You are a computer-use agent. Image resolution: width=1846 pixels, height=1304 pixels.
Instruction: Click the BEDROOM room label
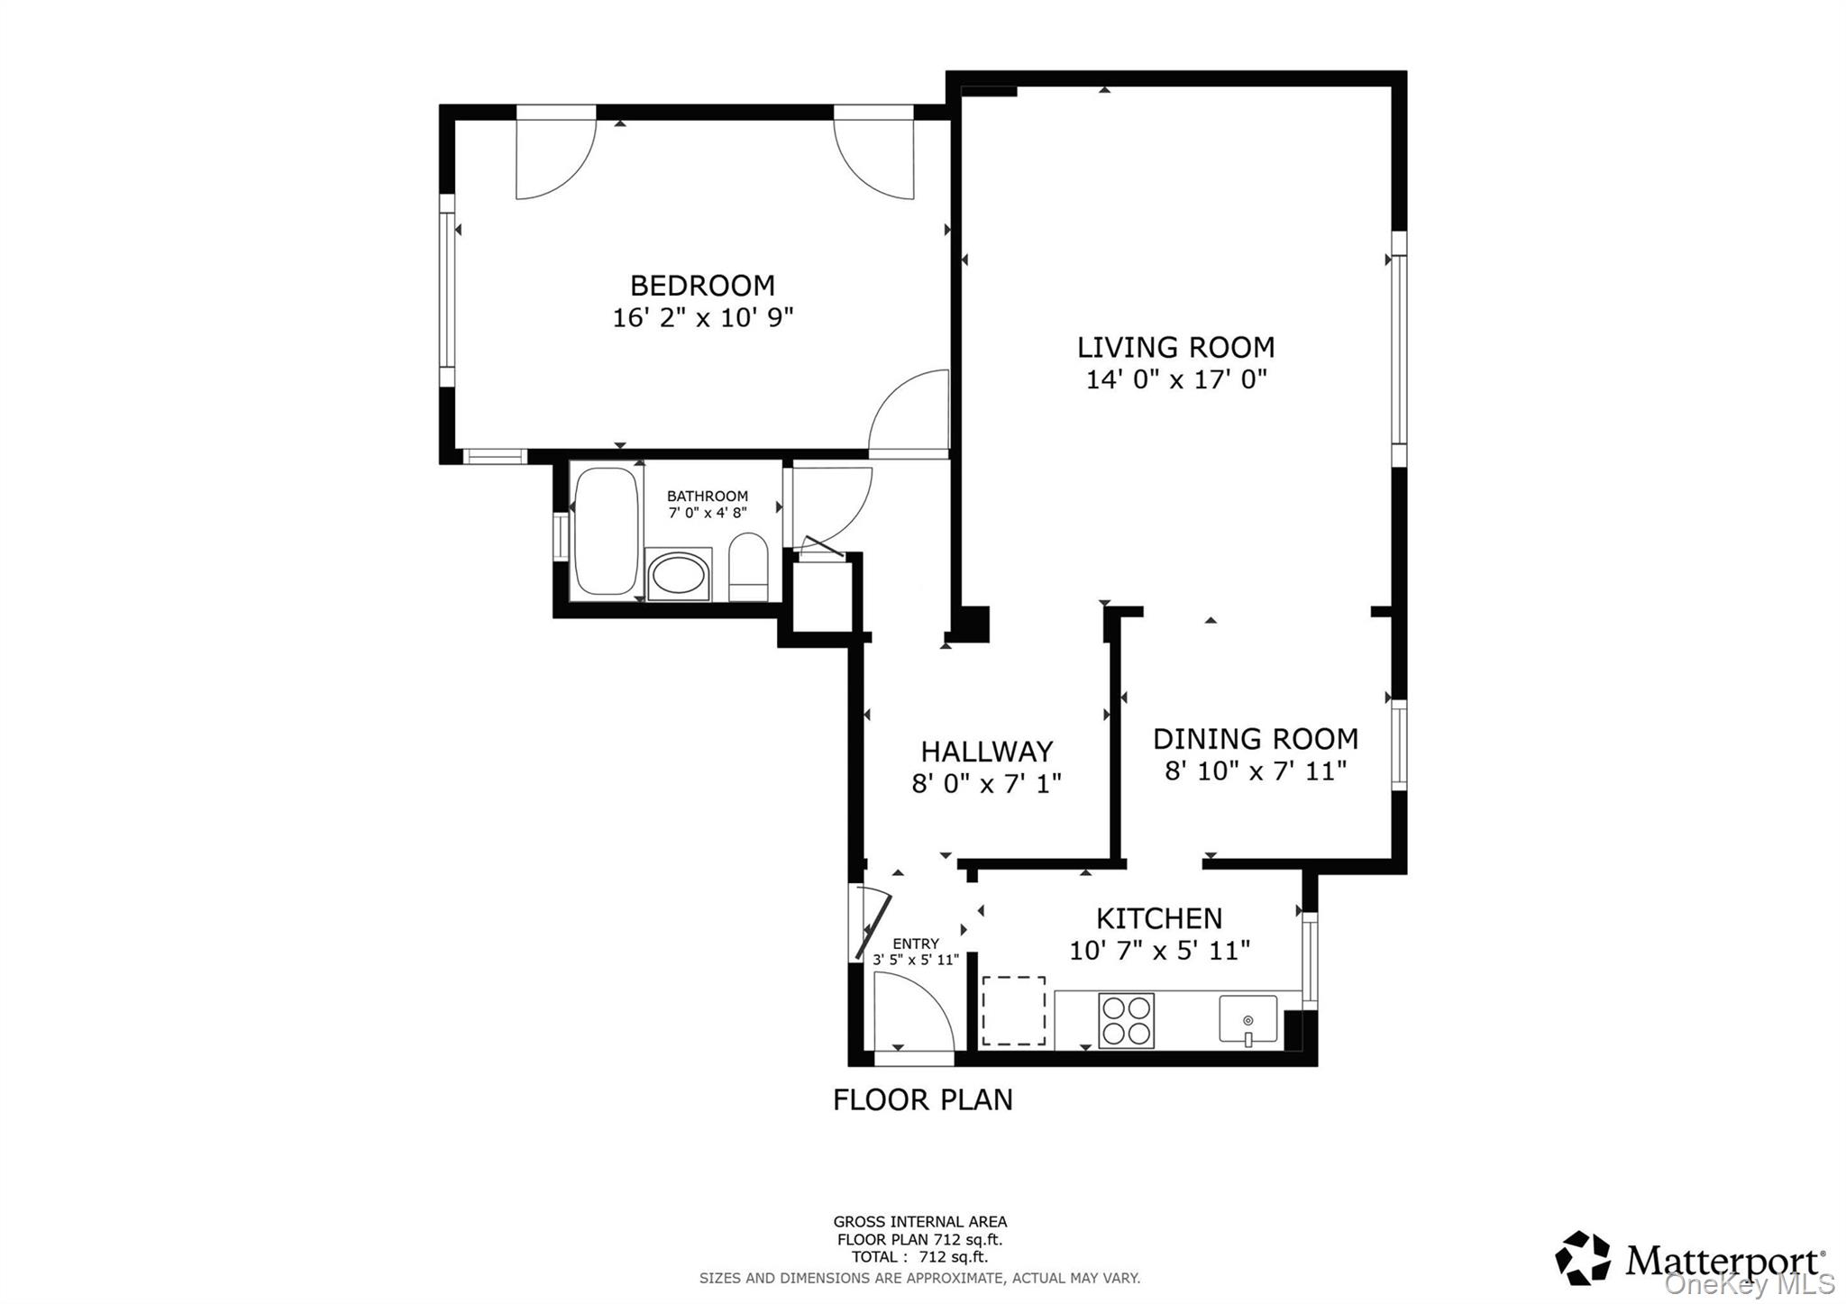(x=702, y=286)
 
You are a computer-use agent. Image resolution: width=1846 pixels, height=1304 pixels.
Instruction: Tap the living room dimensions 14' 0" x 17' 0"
(x=1175, y=379)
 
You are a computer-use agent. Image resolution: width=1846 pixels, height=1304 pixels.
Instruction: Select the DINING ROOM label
(x=1255, y=739)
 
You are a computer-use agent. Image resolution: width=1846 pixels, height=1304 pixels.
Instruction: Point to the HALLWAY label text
(x=986, y=752)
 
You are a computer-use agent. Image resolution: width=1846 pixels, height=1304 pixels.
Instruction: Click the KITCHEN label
(x=1158, y=919)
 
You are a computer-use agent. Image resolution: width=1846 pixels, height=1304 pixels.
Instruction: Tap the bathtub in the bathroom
(x=606, y=531)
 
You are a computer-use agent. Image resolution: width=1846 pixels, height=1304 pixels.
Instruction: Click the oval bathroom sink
(x=679, y=576)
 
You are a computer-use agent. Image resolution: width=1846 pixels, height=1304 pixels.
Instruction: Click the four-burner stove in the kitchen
(x=1126, y=1020)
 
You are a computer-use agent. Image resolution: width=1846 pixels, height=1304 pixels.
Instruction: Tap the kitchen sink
(x=1247, y=1020)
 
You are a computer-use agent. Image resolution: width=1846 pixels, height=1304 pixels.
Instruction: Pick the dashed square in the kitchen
(x=1013, y=1011)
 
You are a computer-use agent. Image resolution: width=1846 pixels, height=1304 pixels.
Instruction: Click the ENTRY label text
(x=916, y=944)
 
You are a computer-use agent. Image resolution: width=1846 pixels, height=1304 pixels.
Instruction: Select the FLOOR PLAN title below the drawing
(x=922, y=1100)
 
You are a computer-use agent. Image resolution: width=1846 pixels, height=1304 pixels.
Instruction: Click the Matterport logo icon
(x=1582, y=1257)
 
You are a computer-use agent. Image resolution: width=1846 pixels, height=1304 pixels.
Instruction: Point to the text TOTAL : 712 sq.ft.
(x=919, y=1257)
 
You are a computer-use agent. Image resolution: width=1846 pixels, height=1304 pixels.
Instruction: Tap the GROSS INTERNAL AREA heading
(x=919, y=1222)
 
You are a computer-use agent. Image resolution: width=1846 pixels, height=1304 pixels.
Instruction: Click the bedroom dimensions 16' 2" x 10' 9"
(x=702, y=318)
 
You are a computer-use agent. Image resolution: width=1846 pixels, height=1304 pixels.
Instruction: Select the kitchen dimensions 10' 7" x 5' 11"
(x=1158, y=951)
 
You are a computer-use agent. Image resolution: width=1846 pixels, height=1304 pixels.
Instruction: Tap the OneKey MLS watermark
(x=1749, y=1284)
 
